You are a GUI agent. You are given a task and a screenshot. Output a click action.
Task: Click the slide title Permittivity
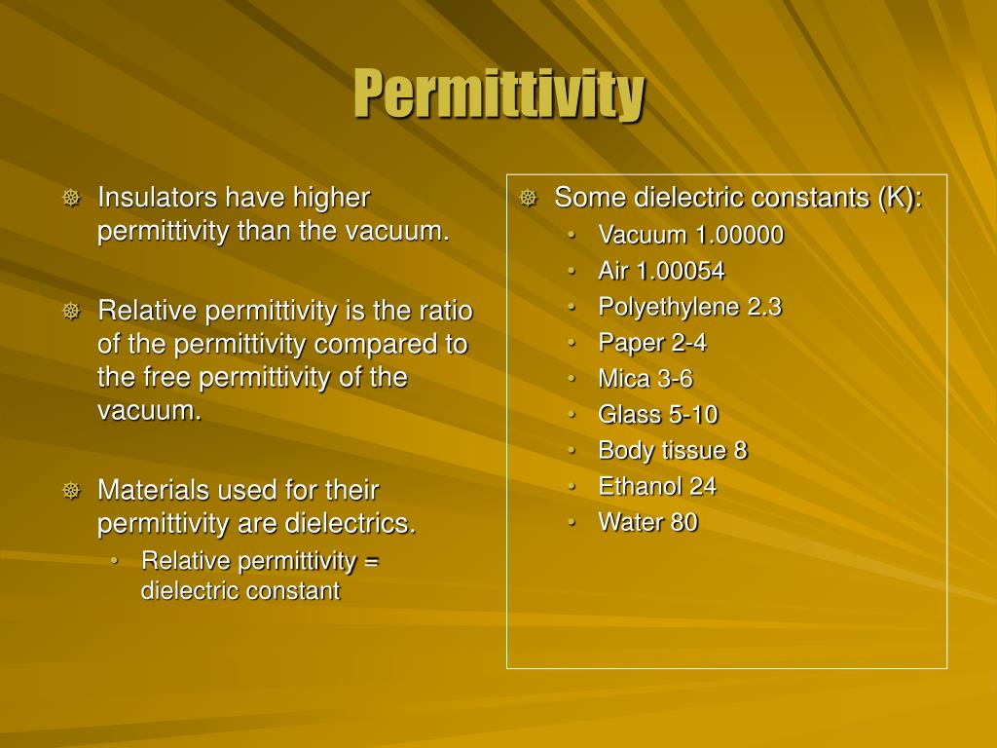498,93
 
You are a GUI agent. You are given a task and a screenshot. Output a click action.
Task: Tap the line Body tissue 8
673,451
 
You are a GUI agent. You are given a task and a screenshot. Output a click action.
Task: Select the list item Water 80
647,523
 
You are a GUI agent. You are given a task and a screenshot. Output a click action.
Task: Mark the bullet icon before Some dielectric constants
528,199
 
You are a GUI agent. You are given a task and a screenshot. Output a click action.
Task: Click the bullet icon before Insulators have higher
71,199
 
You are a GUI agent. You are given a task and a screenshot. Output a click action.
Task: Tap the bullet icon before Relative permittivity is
71,312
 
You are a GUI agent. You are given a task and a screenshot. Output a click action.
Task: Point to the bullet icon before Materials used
71,491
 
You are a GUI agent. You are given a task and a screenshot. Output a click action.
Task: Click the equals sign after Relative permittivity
371,561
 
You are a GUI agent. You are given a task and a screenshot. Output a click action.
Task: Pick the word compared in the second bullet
402,345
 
